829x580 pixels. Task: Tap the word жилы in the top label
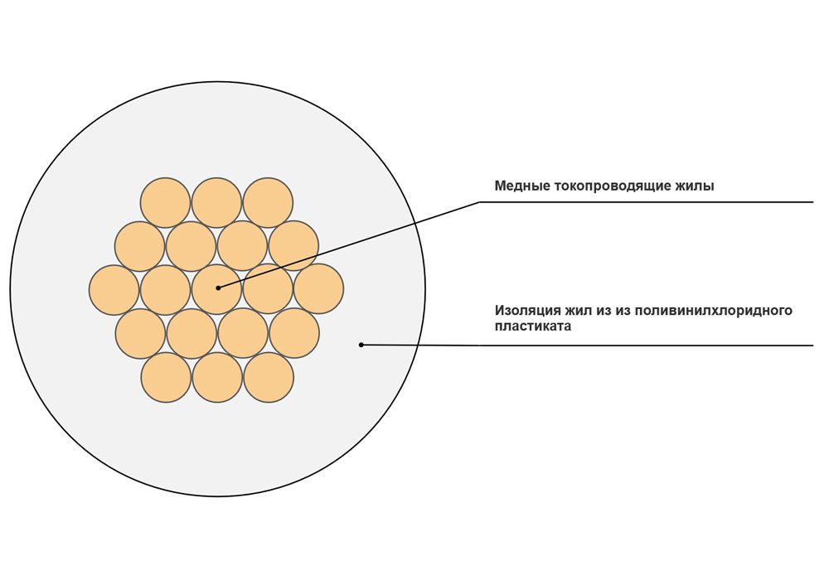tap(697, 186)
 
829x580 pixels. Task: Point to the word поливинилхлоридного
tap(713, 311)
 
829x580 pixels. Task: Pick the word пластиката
tap(533, 326)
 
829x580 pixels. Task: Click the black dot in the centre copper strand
tap(218, 288)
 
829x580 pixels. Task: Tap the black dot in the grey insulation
tap(361, 345)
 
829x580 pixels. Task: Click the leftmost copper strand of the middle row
tap(114, 290)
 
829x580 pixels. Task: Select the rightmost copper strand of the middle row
tap(319, 289)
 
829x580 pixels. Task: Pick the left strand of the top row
tap(165, 203)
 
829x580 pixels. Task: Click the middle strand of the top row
tap(216, 203)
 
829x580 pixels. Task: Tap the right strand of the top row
tap(268, 203)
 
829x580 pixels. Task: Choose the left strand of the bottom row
tap(166, 378)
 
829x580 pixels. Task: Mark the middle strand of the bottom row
tap(217, 378)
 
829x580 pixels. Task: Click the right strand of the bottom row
tap(269, 378)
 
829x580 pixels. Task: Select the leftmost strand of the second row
tap(139, 247)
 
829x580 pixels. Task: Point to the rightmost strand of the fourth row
tap(294, 333)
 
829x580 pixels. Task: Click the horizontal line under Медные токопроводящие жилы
tap(646, 202)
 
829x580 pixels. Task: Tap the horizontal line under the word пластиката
tap(646, 346)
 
